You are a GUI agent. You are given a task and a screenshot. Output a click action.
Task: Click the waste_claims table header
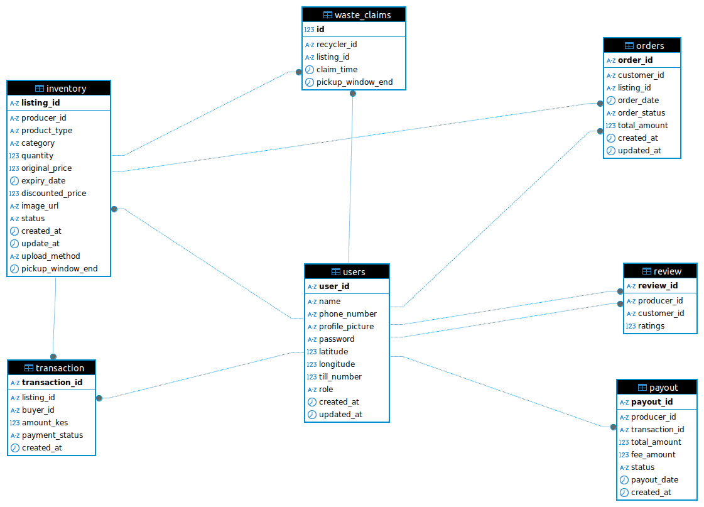pyautogui.click(x=354, y=14)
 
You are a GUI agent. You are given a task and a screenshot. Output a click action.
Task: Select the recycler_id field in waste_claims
pyautogui.click(x=336, y=45)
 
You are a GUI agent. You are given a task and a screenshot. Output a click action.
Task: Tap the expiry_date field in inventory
pyautogui.click(x=43, y=181)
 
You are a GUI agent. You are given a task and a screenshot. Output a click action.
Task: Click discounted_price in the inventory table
pyautogui.click(x=53, y=194)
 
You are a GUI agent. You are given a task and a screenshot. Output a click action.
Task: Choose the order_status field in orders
pyautogui.click(x=641, y=113)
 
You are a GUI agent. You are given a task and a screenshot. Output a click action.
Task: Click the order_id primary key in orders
pyautogui.click(x=635, y=60)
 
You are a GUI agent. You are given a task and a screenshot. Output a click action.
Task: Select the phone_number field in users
pyautogui.click(x=347, y=314)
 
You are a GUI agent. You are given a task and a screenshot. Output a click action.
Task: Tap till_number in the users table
pyautogui.click(x=340, y=377)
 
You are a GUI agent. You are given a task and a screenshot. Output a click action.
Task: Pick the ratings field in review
pyautogui.click(x=651, y=326)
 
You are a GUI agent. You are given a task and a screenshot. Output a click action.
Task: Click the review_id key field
pyautogui.click(x=658, y=286)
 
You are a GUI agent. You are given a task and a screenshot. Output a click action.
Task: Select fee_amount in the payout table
pyautogui.click(x=653, y=455)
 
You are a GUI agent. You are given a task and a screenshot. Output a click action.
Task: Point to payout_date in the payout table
pyautogui.click(x=654, y=480)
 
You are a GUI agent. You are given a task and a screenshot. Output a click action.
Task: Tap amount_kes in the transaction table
pyautogui.click(x=45, y=423)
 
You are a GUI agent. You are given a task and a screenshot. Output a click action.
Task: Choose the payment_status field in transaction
pyautogui.click(x=52, y=435)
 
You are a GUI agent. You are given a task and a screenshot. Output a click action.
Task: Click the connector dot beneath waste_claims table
pyautogui.click(x=353, y=94)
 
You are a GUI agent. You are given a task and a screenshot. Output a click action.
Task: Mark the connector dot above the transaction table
pyautogui.click(x=53, y=356)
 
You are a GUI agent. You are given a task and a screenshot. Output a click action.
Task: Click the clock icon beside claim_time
pyautogui.click(x=309, y=70)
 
